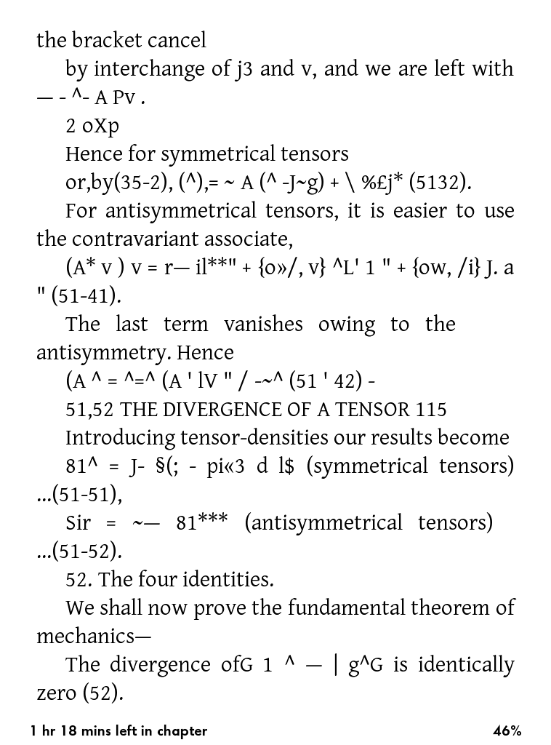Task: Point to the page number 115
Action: pyautogui.click(x=432, y=410)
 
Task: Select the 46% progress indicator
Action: pyautogui.click(x=507, y=731)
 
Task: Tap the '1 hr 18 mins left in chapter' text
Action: pyautogui.click(x=119, y=731)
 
